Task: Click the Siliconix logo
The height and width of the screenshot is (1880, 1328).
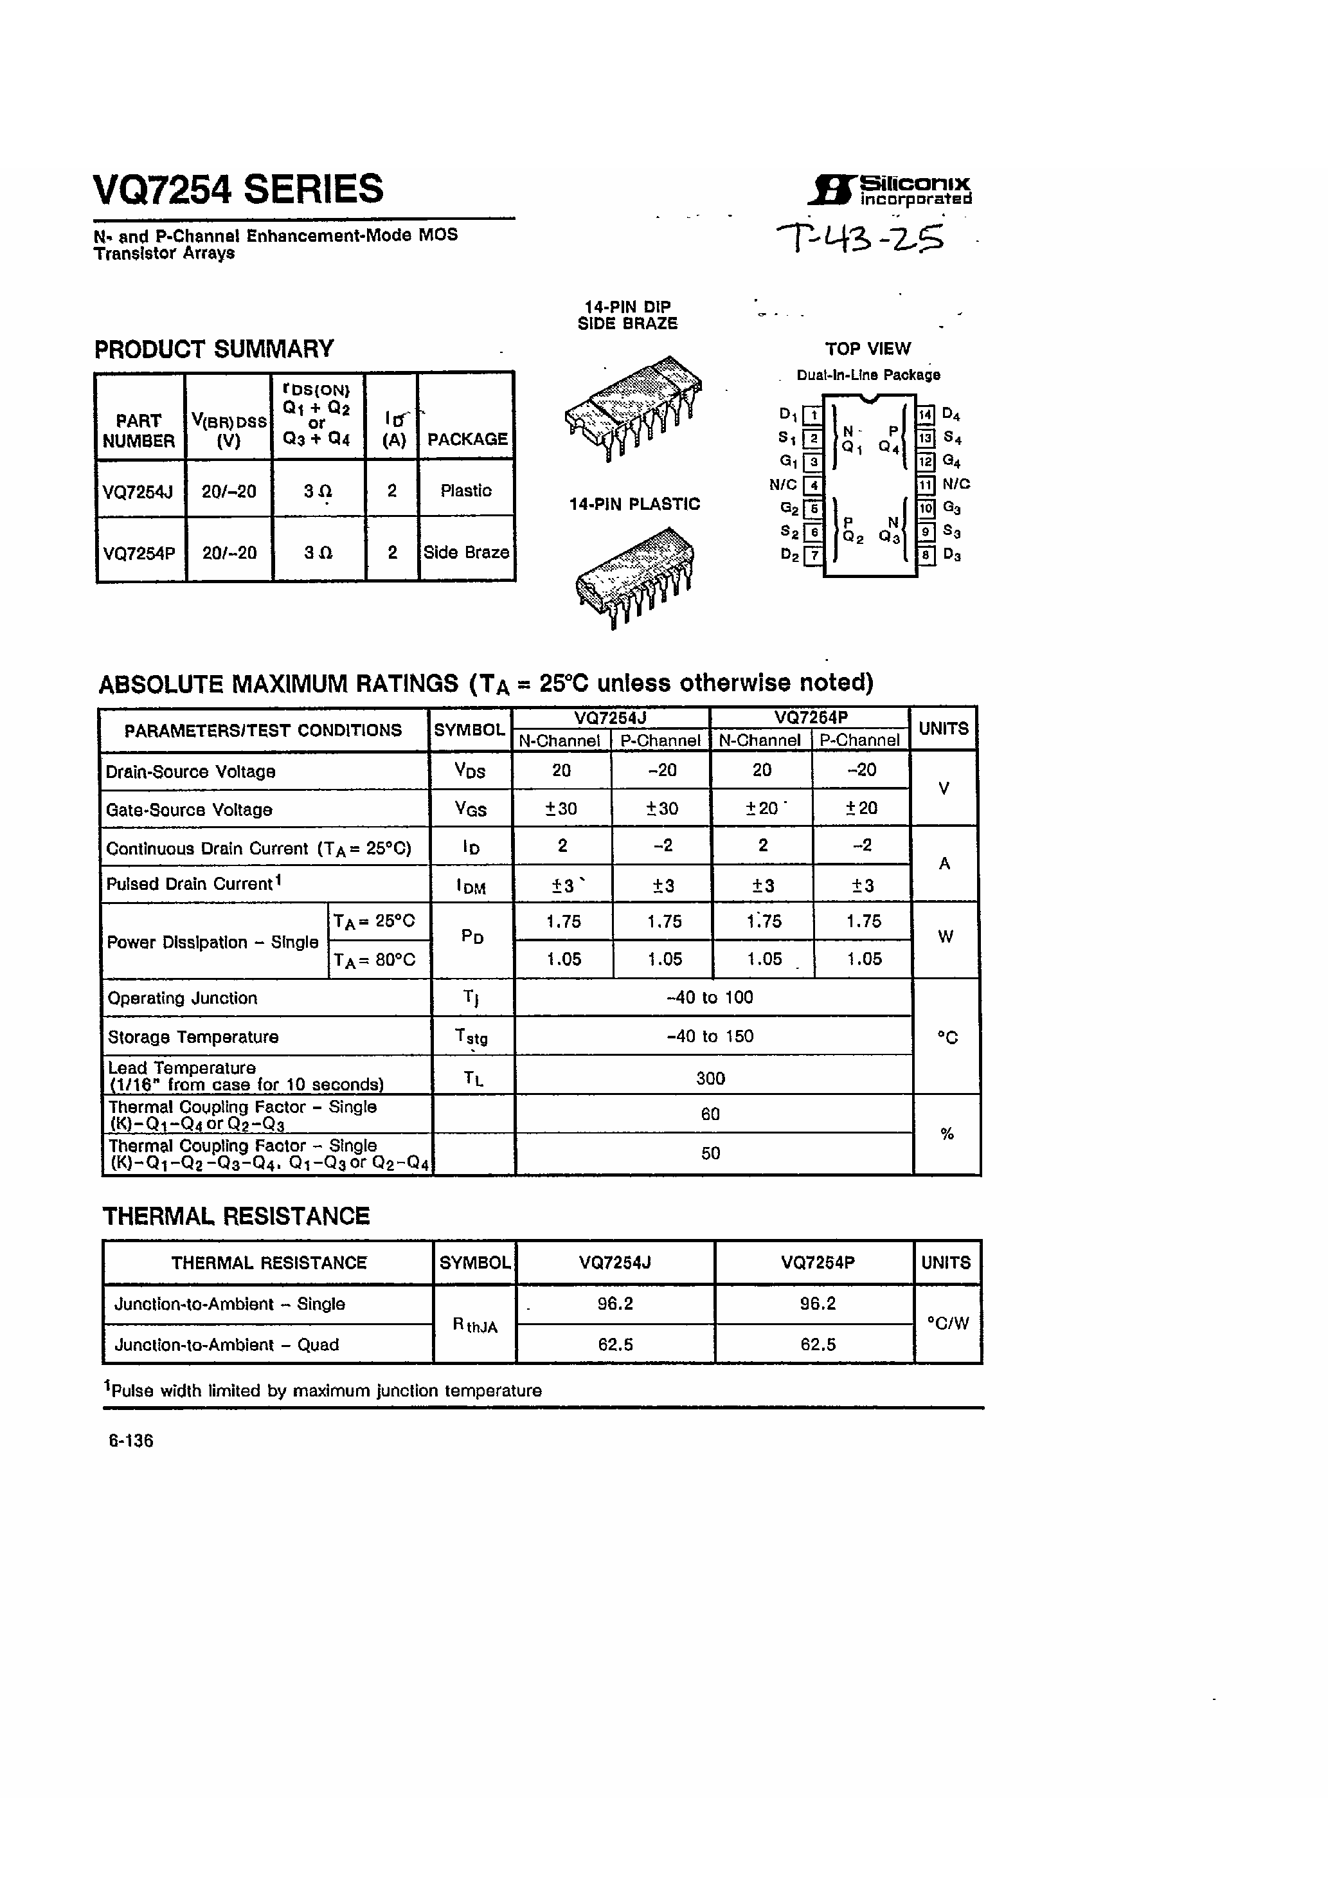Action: coord(889,189)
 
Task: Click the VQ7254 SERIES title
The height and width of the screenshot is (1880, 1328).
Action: coord(238,189)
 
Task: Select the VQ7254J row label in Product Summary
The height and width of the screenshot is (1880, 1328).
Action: coord(138,491)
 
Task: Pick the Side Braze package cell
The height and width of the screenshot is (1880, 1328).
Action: coord(466,553)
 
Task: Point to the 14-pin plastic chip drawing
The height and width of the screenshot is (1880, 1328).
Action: coord(635,575)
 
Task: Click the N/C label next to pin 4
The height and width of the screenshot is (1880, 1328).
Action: coord(783,485)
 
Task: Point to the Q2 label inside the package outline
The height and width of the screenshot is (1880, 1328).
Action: coord(852,537)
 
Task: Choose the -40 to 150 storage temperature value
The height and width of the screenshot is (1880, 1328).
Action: coord(710,1036)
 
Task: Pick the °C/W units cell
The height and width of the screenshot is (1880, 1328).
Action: coord(947,1323)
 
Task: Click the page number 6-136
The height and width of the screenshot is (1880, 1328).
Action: coord(131,1441)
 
